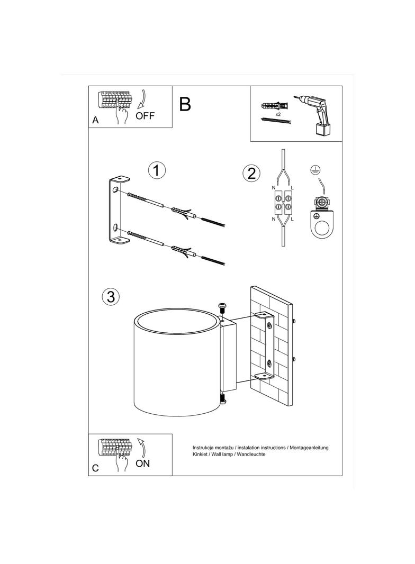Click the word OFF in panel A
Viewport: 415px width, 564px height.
[145, 116]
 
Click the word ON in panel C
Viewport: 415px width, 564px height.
[143, 463]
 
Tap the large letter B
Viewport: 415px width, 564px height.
[185, 104]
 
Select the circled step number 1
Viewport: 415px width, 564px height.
[157, 170]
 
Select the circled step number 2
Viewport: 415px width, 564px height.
[251, 173]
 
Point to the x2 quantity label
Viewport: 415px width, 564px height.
[277, 114]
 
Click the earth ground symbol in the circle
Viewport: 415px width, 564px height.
[313, 170]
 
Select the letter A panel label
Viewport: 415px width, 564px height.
[95, 120]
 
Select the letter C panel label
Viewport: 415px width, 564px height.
[95, 468]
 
